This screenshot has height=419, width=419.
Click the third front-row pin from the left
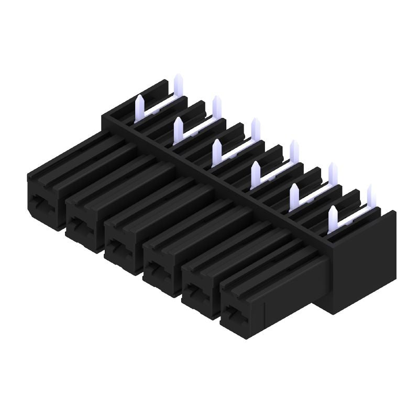pyautogui.click(x=216, y=151)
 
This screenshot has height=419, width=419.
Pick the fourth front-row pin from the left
pyautogui.click(x=256, y=173)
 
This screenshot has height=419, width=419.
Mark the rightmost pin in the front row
pyautogui.click(x=333, y=218)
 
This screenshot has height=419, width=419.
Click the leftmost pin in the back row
pyautogui.click(x=177, y=85)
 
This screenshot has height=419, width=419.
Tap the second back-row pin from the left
pyautogui.click(x=216, y=107)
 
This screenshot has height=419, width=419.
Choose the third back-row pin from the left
pyautogui.click(x=255, y=129)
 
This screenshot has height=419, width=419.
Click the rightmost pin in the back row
pyautogui.click(x=371, y=196)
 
